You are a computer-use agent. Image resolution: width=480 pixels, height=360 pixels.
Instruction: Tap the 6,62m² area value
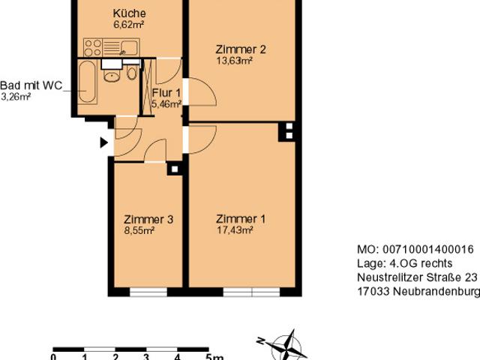[128, 25]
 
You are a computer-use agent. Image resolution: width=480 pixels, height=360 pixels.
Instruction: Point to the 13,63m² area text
[233, 61]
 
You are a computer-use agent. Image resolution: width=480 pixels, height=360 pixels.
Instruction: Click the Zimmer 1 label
[240, 219]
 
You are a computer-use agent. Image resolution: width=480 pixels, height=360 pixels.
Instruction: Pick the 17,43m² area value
[233, 230]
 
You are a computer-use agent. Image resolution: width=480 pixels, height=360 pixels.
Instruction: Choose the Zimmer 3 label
[148, 220]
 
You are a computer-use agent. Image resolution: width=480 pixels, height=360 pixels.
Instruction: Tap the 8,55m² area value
[139, 231]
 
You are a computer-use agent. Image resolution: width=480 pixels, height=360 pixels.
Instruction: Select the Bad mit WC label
[31, 85]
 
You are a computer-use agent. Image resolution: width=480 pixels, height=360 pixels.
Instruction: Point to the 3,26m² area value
[16, 97]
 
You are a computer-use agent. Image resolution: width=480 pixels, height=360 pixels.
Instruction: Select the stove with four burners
[94, 49]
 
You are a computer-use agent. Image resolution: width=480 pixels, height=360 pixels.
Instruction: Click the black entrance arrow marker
[104, 142]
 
